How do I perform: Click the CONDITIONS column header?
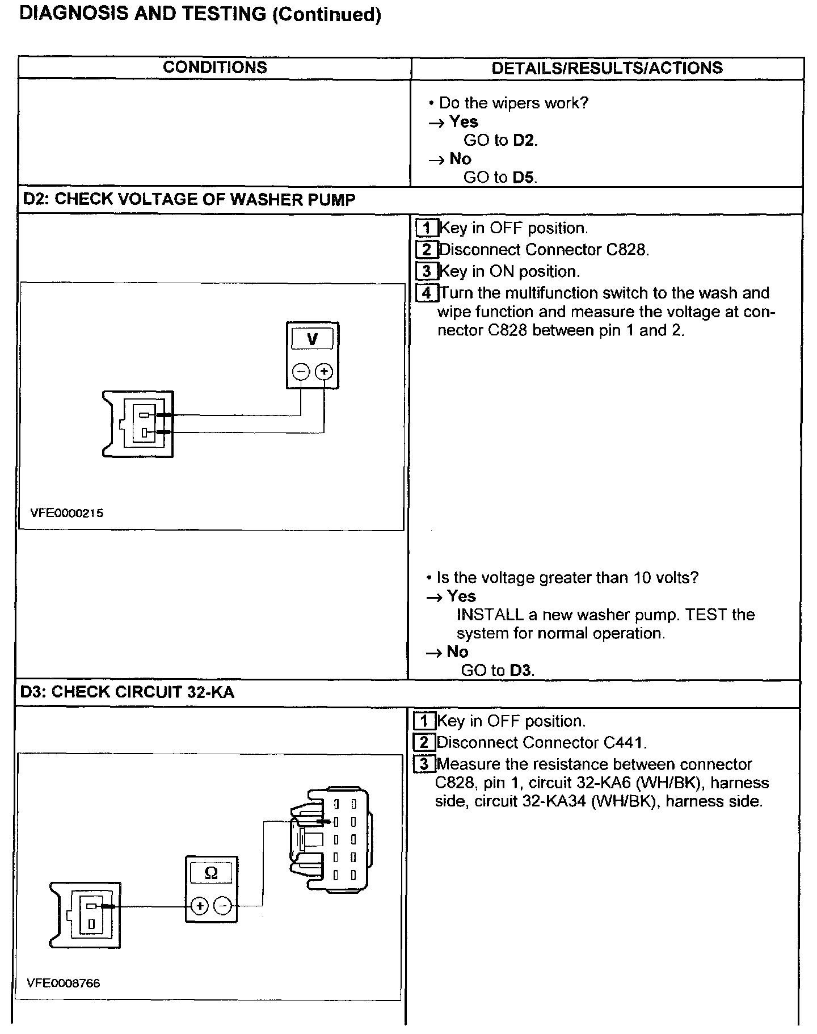tap(214, 68)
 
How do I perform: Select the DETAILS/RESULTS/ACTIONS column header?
tap(607, 68)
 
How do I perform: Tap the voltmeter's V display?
tap(312, 339)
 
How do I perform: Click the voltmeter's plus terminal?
tap(324, 372)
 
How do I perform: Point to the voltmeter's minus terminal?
tap(301, 372)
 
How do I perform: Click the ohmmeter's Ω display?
tap(211, 873)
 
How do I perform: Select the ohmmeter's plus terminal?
tap(200, 906)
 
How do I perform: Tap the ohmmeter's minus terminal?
tap(223, 906)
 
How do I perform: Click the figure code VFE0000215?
tap(67, 513)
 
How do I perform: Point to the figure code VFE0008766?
tap(64, 983)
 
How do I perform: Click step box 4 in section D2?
tap(427, 293)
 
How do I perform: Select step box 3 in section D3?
tap(424, 764)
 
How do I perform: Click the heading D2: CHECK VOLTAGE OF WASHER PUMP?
tap(189, 200)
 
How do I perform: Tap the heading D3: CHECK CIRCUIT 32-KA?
tap(127, 692)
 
